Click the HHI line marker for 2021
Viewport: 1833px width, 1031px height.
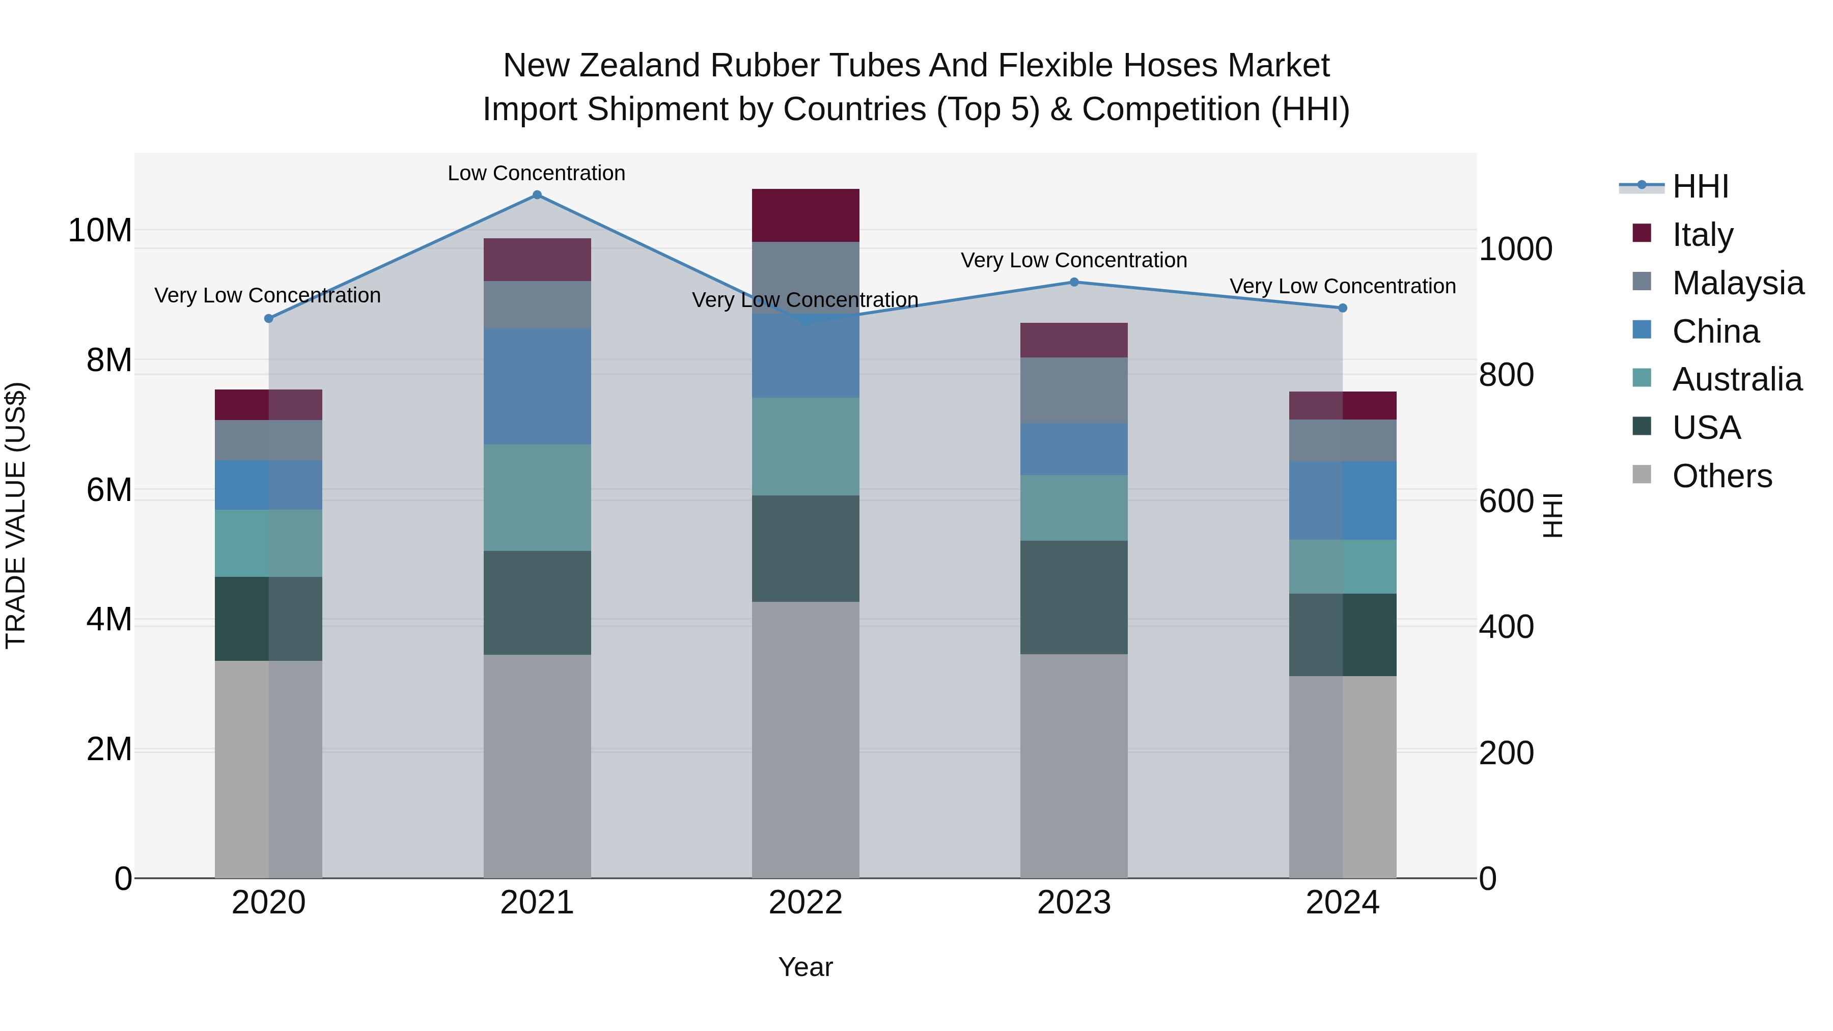click(x=537, y=195)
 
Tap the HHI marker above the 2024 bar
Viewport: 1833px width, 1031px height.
click(x=1342, y=308)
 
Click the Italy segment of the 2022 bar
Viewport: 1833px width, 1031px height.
click(x=806, y=215)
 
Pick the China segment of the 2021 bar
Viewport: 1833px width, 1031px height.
click(x=537, y=386)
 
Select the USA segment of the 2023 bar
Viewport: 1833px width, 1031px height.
click(x=1074, y=597)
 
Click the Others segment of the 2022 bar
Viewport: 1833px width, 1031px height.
click(x=806, y=740)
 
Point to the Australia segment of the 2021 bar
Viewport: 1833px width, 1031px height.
click(x=537, y=497)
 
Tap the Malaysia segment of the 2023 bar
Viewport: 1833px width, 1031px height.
click(x=1074, y=390)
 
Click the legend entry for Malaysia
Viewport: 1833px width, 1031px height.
click(x=1738, y=283)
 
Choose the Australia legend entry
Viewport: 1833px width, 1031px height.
click(x=1737, y=379)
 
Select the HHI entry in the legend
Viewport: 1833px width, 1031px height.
click(x=1700, y=186)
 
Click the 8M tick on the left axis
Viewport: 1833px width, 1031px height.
click(x=109, y=360)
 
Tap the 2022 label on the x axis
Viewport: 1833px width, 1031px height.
click(x=806, y=903)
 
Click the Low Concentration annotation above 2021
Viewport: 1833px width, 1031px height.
click(x=537, y=173)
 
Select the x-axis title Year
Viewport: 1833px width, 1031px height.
click(x=806, y=967)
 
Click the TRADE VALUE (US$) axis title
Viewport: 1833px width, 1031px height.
click(x=16, y=515)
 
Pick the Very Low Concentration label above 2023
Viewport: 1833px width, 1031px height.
click(x=1074, y=260)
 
